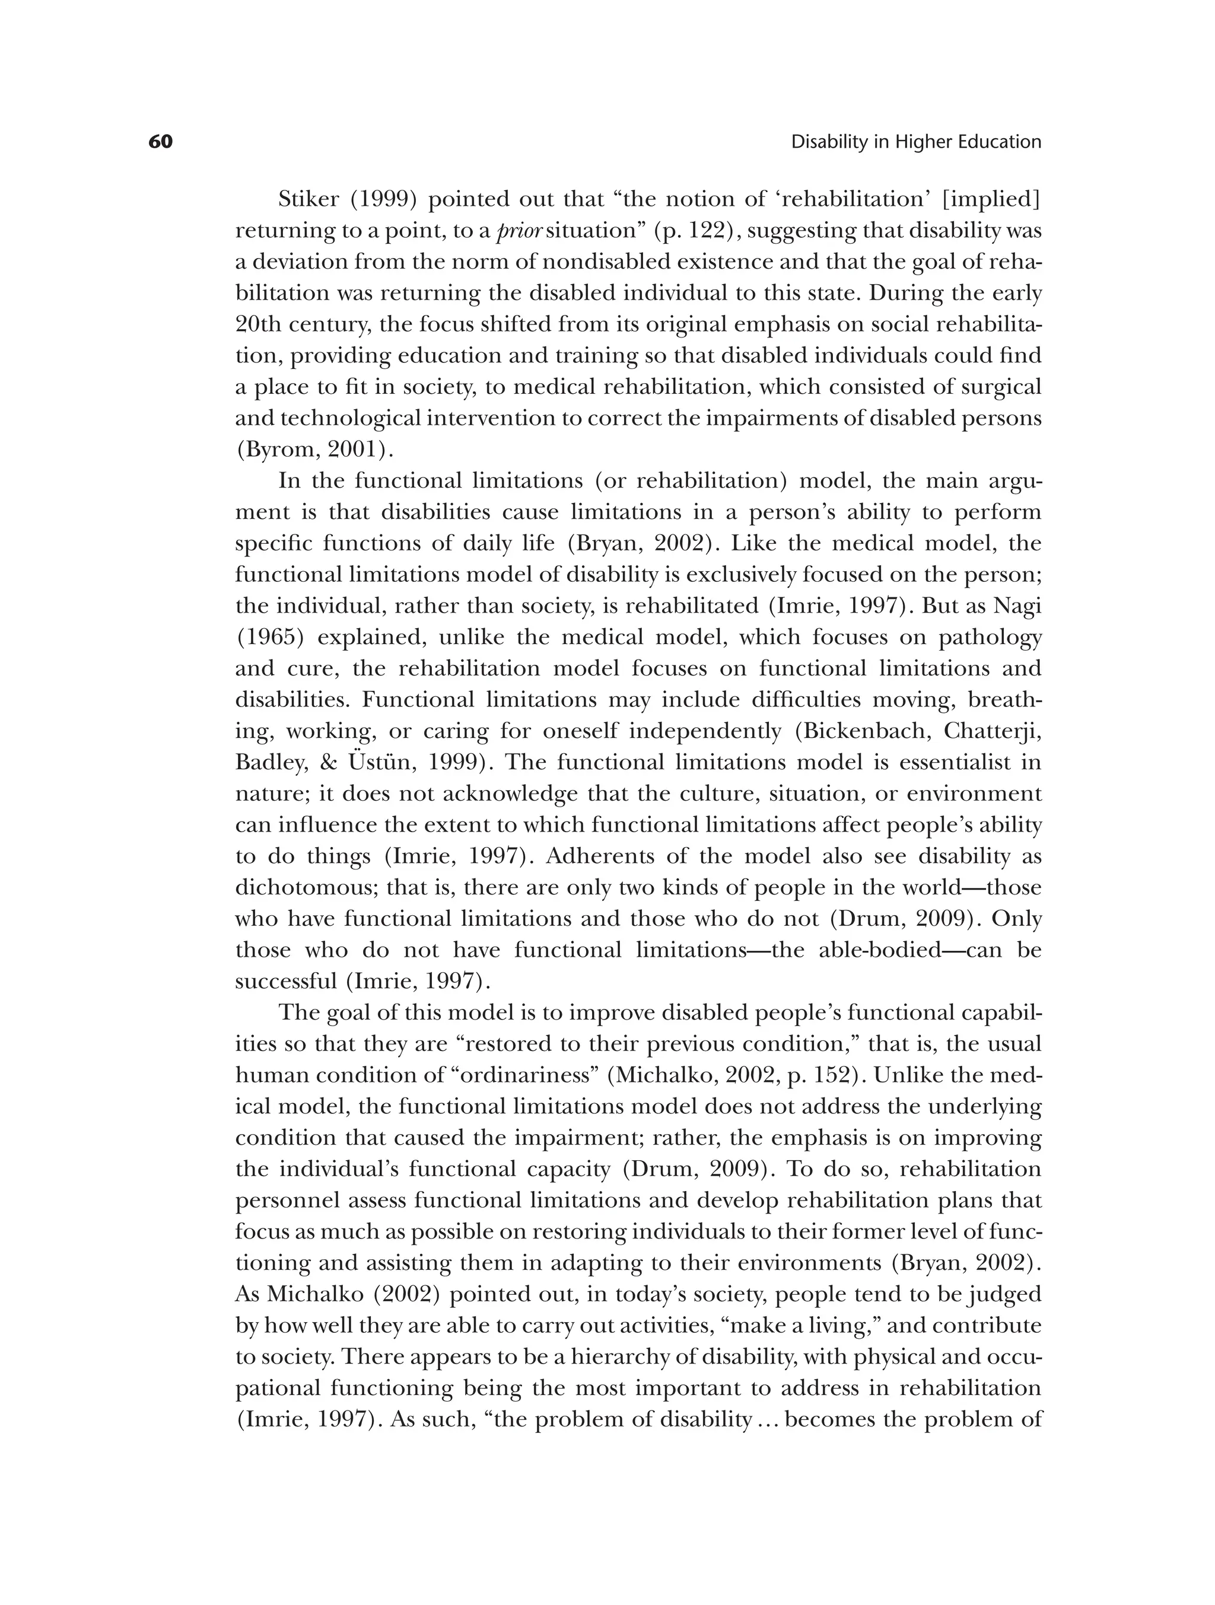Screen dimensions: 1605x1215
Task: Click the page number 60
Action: [x=160, y=142]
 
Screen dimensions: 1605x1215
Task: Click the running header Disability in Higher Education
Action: [x=915, y=142]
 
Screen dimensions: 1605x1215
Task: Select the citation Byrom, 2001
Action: [x=314, y=450]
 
